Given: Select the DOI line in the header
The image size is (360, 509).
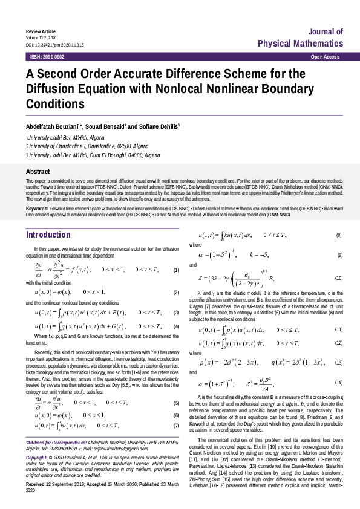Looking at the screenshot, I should [54, 45].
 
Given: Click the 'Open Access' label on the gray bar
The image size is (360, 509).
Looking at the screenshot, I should [324, 56].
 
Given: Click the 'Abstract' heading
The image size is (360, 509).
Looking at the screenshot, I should [38, 172].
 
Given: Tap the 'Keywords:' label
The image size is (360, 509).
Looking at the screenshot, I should [38, 208].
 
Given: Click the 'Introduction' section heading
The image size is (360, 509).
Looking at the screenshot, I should [48, 235].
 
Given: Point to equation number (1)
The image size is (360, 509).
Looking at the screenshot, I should [176, 270].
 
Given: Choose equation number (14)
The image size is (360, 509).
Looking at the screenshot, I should [338, 383].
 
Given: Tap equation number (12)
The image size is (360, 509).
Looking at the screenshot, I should [338, 343].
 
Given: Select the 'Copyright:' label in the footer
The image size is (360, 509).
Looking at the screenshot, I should [37, 459].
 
